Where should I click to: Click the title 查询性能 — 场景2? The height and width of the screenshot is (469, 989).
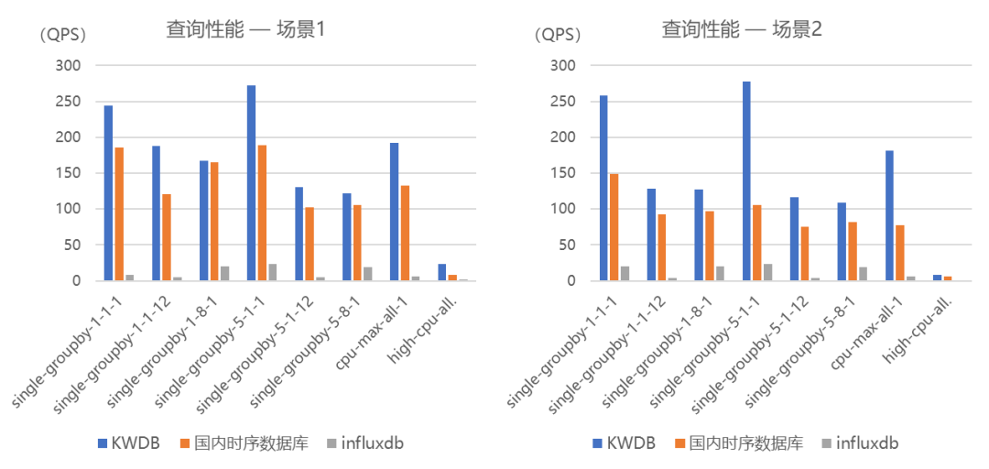[x=741, y=29]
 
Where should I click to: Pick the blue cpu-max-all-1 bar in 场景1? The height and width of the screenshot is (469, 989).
[x=395, y=212]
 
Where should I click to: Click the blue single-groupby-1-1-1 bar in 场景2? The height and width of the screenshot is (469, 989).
[x=603, y=188]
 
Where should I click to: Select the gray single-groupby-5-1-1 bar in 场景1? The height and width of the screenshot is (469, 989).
[x=273, y=272]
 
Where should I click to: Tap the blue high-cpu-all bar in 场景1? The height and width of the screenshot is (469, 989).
[x=441, y=272]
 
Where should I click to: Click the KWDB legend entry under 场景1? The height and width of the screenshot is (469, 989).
[x=128, y=443]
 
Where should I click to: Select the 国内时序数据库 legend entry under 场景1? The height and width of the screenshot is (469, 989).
[x=244, y=443]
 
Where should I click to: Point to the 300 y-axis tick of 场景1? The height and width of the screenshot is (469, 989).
[x=69, y=66]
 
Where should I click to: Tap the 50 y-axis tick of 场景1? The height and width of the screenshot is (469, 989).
[x=72, y=245]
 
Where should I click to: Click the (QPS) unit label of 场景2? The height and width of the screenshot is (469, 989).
[x=558, y=36]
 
